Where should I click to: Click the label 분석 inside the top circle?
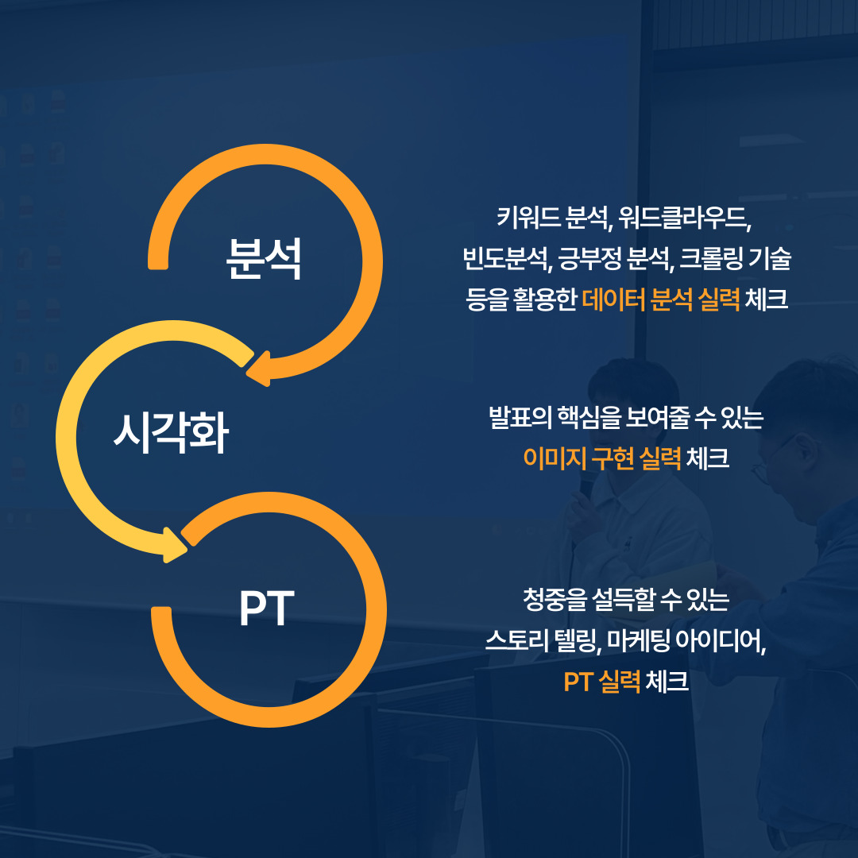click(x=263, y=259)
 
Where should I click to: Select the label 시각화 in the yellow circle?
click(x=171, y=433)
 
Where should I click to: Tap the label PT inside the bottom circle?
click(x=266, y=609)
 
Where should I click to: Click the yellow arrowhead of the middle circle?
click(x=175, y=545)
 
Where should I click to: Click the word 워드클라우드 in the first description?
click(x=685, y=217)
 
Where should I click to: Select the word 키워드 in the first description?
click(x=528, y=217)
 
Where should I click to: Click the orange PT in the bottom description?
click(x=578, y=682)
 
